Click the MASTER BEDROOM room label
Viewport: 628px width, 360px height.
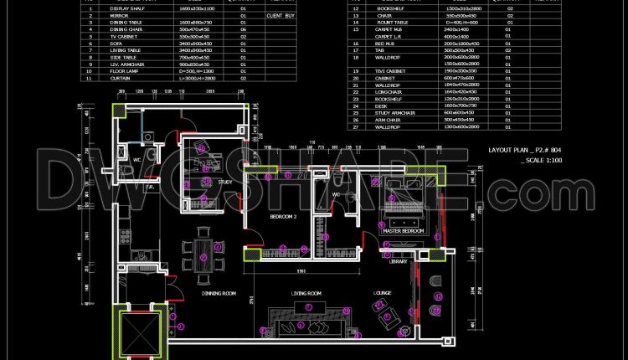[404, 229]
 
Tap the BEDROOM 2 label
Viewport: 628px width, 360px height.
[283, 216]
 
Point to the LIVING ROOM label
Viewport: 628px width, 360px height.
[306, 293]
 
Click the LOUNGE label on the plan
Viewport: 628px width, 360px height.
[383, 293]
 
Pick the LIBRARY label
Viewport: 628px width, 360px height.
[399, 261]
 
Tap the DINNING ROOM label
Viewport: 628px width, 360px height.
[219, 293]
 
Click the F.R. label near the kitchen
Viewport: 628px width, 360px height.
[151, 188]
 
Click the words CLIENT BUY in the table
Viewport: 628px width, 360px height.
[280, 16]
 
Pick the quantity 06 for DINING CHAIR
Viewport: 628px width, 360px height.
[243, 29]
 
